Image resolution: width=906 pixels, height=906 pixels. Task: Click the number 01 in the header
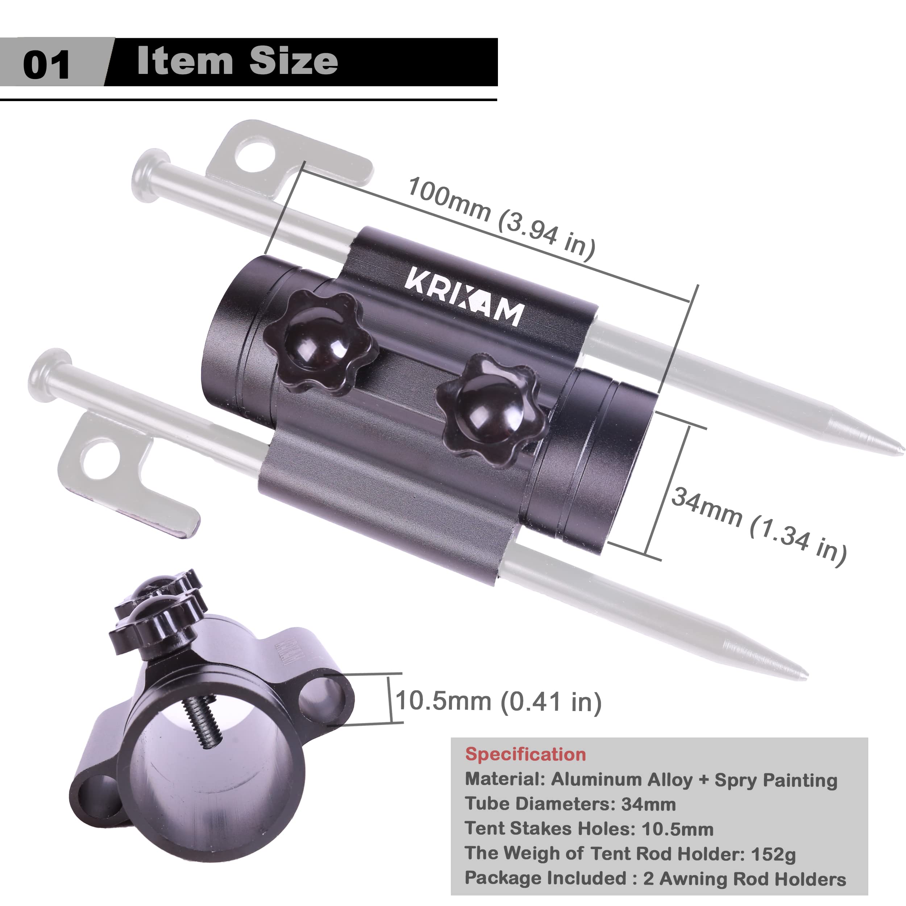point(46,64)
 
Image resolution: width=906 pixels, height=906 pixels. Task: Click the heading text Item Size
point(237,61)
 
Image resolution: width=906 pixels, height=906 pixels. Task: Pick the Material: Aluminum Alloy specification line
point(651,780)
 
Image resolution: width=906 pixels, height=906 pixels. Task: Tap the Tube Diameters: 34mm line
point(570,804)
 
